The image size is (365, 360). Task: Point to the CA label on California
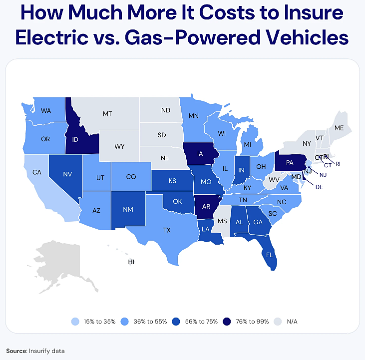click(x=36, y=172)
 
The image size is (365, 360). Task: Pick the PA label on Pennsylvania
click(x=289, y=162)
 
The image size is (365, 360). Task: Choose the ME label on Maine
click(x=340, y=128)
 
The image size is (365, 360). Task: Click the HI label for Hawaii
click(x=131, y=262)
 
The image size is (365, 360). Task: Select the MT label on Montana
click(x=107, y=114)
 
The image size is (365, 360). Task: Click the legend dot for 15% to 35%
click(x=74, y=321)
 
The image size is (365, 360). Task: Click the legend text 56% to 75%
click(x=201, y=321)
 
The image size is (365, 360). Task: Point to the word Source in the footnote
click(x=15, y=351)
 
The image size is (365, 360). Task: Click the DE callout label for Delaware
click(x=319, y=188)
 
